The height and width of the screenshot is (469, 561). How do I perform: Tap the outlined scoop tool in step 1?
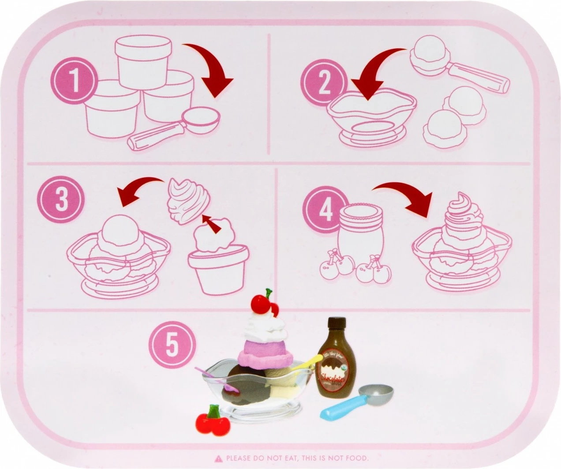point(176,130)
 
